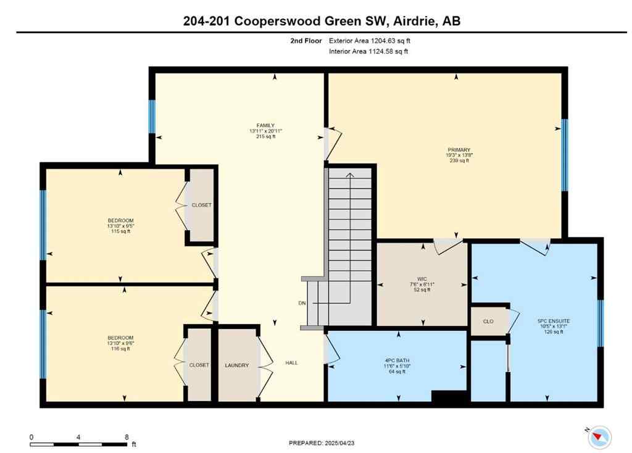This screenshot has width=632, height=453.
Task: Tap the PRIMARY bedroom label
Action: click(x=459, y=150)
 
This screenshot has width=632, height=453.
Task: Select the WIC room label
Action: click(x=422, y=279)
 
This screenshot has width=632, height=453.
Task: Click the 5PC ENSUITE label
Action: click(x=554, y=322)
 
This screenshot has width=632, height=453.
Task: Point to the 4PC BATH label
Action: click(x=397, y=360)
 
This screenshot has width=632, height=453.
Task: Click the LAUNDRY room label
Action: click(x=237, y=365)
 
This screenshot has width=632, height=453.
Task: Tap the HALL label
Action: click(x=291, y=363)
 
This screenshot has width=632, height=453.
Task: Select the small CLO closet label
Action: click(x=488, y=322)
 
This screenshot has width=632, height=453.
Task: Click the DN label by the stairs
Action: click(x=302, y=303)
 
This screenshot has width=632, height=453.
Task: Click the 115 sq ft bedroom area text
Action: click(x=120, y=231)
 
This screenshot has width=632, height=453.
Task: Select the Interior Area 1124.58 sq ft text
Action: click(x=368, y=51)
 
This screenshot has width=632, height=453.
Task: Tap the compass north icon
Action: click(x=598, y=436)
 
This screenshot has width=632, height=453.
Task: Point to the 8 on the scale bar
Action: click(x=127, y=436)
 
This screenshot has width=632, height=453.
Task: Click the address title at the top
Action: click(x=322, y=21)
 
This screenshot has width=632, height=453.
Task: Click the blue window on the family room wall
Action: click(x=152, y=117)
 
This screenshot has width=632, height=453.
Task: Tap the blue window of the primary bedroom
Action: click(x=564, y=155)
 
